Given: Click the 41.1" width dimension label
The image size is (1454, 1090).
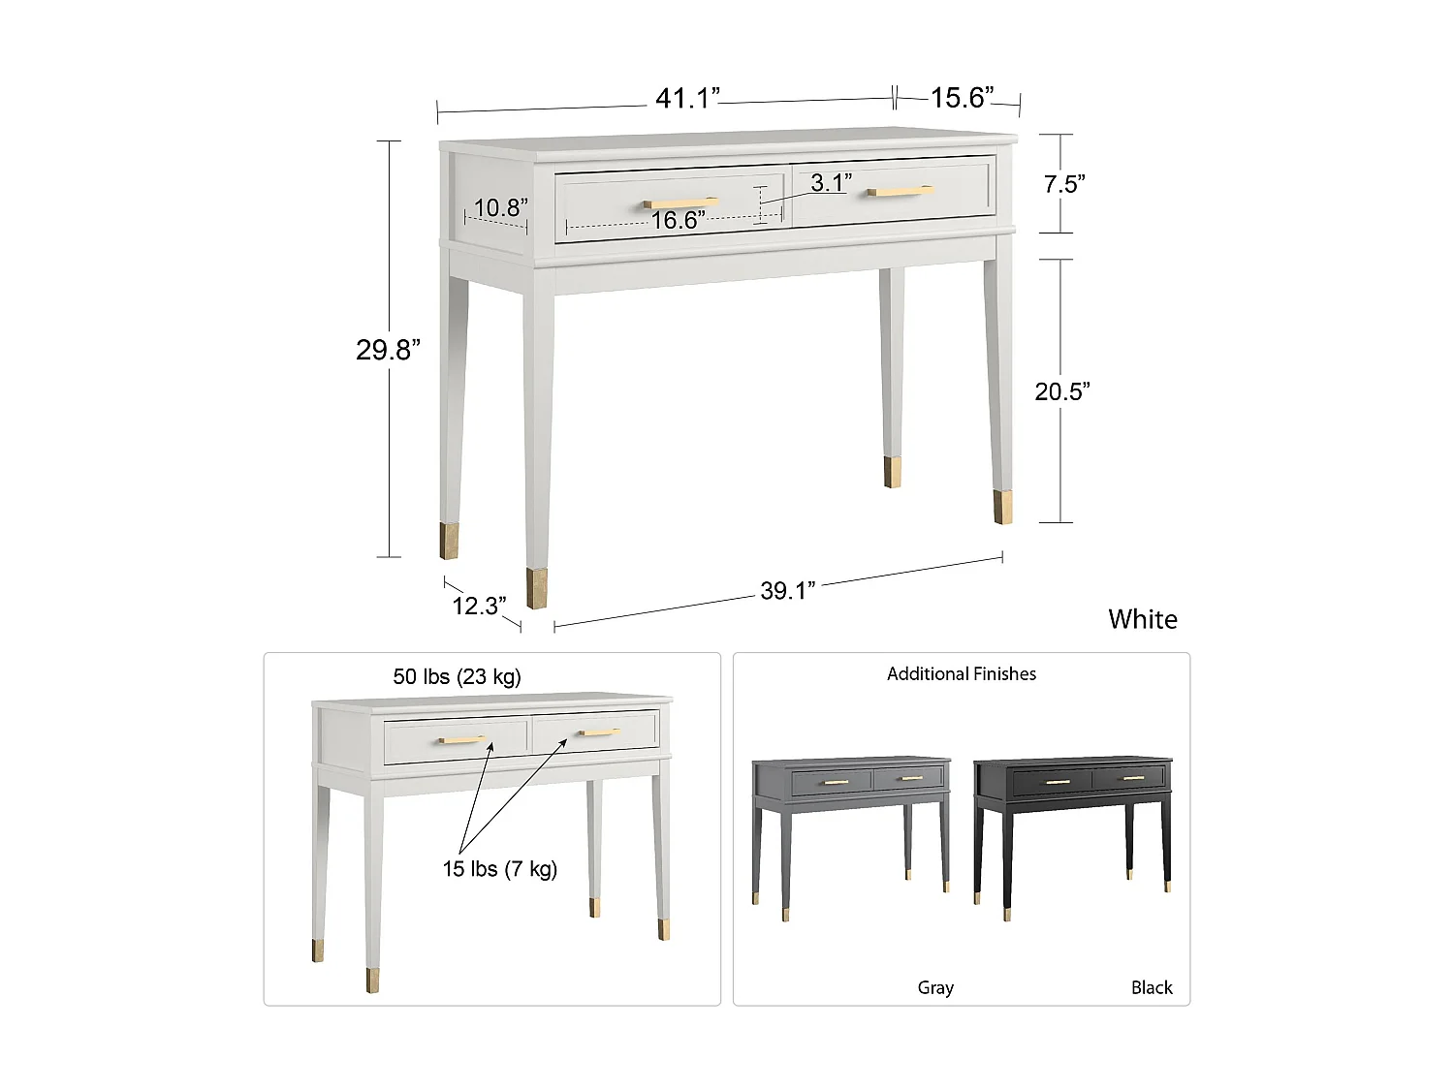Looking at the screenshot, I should [687, 99].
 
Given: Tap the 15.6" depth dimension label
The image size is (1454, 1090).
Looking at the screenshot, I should [961, 98].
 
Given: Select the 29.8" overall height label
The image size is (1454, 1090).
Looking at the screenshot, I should [388, 350].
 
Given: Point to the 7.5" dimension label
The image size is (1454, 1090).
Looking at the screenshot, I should [1063, 184].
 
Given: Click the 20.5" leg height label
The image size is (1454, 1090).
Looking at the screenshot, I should [1061, 391].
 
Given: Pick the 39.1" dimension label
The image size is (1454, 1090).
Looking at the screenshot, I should [787, 591].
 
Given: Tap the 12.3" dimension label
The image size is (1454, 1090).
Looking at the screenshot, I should [479, 607].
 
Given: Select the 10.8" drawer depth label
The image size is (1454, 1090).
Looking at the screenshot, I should [500, 207].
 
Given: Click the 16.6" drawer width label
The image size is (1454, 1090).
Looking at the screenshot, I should [678, 221].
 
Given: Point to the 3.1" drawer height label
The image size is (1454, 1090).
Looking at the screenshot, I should [831, 182].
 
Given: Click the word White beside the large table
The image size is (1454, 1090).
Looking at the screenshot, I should [1143, 620].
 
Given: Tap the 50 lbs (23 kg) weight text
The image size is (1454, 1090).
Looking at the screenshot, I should [457, 676].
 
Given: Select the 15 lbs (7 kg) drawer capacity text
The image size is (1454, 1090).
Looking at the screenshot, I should [499, 869].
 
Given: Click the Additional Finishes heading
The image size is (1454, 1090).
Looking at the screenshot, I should [961, 674].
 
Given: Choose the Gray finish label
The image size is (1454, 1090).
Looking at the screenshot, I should [935, 987].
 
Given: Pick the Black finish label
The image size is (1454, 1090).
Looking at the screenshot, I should [1152, 987].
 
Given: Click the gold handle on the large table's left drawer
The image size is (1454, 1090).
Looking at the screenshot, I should [680, 203].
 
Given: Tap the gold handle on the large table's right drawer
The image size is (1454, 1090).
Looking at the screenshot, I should [900, 192].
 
